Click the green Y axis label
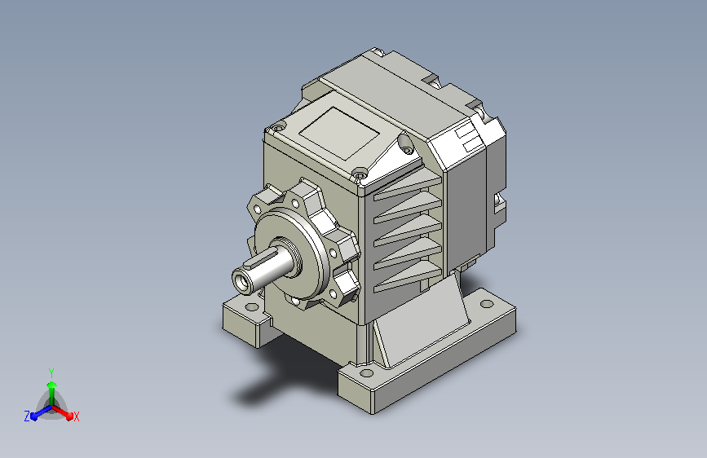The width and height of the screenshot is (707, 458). pyautogui.click(x=51, y=372)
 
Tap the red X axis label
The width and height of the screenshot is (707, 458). pyautogui.click(x=76, y=417)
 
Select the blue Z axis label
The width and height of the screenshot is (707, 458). pyautogui.click(x=27, y=416)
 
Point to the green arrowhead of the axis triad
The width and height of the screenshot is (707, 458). pyautogui.click(x=52, y=385)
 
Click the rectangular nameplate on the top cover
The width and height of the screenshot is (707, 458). pyautogui.click(x=339, y=133)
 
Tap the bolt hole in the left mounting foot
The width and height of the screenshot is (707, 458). pyautogui.click(x=252, y=307)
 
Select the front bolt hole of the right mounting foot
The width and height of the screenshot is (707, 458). pyautogui.click(x=367, y=372)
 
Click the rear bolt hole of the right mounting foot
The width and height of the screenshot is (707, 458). pyautogui.click(x=487, y=304)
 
